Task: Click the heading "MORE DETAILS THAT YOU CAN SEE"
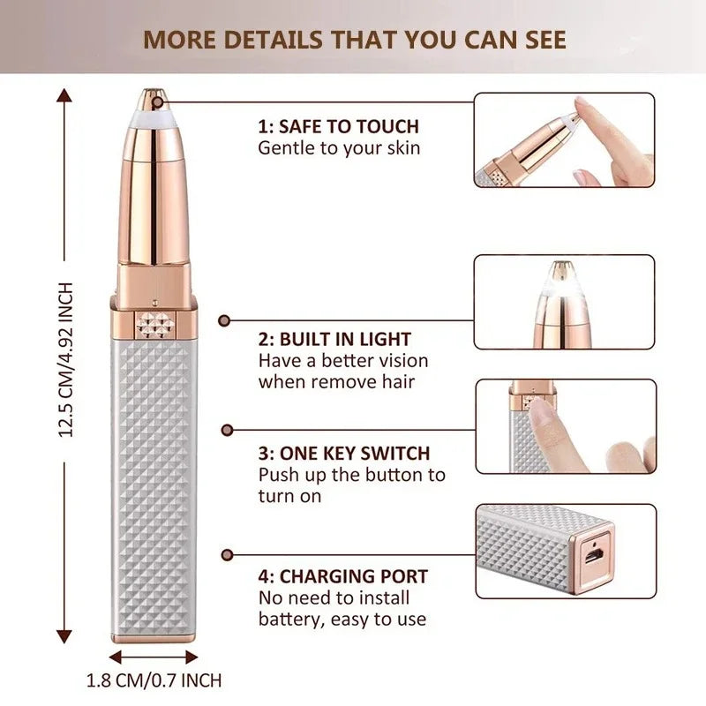point(355,40)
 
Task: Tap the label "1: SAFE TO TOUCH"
point(338,127)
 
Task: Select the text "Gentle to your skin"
point(339,147)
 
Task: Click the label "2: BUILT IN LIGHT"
point(334,340)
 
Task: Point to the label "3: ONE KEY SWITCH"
point(343,454)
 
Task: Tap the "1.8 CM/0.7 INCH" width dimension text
point(154,680)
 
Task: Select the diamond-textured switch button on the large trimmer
point(154,325)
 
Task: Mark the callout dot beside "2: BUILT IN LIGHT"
point(224,322)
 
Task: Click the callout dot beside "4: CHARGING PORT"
point(227,555)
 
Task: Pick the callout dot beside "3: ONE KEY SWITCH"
point(227,430)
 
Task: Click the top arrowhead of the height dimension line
point(64,93)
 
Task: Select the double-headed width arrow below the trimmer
point(154,657)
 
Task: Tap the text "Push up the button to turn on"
point(351,484)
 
